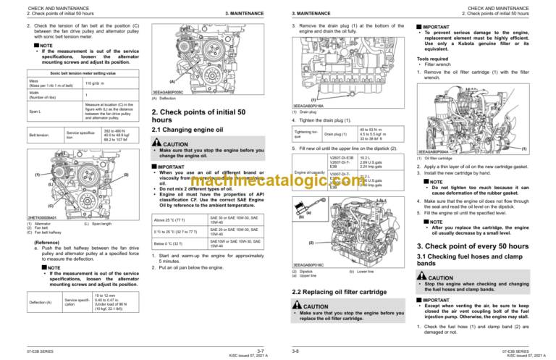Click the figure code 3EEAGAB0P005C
(x=168, y=93)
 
